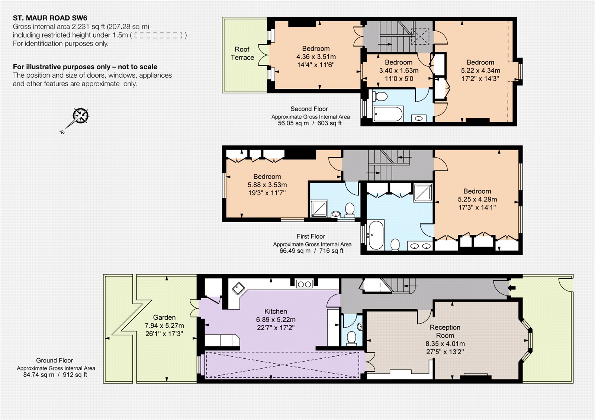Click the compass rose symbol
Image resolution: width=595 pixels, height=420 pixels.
(x=80, y=116)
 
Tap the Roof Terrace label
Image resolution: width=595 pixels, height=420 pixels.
(x=242, y=54)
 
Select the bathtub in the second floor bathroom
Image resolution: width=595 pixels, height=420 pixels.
(x=388, y=114)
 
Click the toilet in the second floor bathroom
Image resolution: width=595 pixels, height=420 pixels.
(x=380, y=96)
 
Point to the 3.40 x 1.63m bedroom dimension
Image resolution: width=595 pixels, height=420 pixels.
(x=399, y=71)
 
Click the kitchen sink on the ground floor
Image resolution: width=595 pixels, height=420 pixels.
(x=238, y=288)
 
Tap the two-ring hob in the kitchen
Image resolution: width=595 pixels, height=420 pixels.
(x=304, y=285)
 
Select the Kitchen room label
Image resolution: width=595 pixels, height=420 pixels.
(x=276, y=311)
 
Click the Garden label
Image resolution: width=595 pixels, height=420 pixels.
(x=164, y=317)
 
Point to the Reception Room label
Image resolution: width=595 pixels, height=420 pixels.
(x=445, y=331)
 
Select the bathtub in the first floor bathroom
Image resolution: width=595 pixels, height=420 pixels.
(x=376, y=235)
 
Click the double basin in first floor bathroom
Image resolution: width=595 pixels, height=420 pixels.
(x=420, y=246)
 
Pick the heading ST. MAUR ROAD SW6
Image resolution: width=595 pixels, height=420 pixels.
(x=50, y=18)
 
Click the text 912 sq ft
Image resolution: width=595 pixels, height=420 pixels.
(x=75, y=375)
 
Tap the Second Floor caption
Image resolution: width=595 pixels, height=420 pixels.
(x=309, y=109)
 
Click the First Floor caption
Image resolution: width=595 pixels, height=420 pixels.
(x=311, y=236)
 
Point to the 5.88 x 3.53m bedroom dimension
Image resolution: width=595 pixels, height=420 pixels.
(x=267, y=185)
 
